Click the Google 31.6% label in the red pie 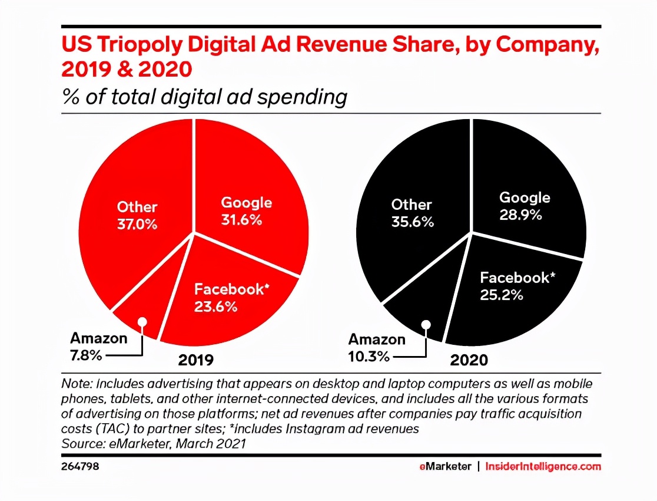(x=247, y=212)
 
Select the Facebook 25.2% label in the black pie (x=517, y=285)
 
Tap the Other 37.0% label (x=137, y=215)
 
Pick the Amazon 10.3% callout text (x=377, y=348)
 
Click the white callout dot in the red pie (x=141, y=322)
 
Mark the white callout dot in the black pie (x=425, y=324)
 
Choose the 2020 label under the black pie (x=469, y=360)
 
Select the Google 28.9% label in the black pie (x=525, y=206)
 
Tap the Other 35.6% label (x=412, y=213)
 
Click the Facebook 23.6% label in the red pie (x=229, y=298)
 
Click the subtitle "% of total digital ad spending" (x=204, y=97)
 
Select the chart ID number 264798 (x=80, y=466)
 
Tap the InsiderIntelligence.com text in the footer (x=543, y=466)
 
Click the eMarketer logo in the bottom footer (x=445, y=466)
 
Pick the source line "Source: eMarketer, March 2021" (x=153, y=443)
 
